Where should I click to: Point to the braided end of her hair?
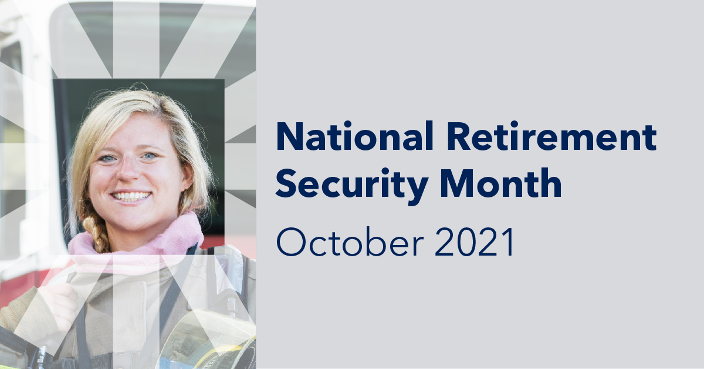(x=97, y=232)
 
